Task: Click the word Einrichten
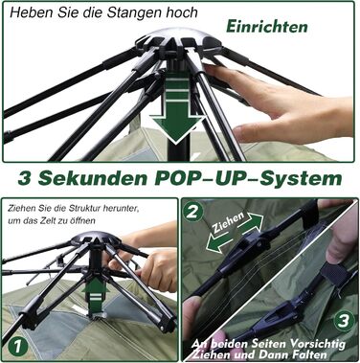tap(267, 27)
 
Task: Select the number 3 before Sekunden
tap(25, 178)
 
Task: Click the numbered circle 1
tap(18, 347)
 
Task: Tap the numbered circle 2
tap(192, 212)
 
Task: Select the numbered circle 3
tap(344, 321)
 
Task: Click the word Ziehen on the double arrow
tap(229, 222)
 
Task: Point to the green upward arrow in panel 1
tap(96, 296)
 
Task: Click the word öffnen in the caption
tap(84, 220)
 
